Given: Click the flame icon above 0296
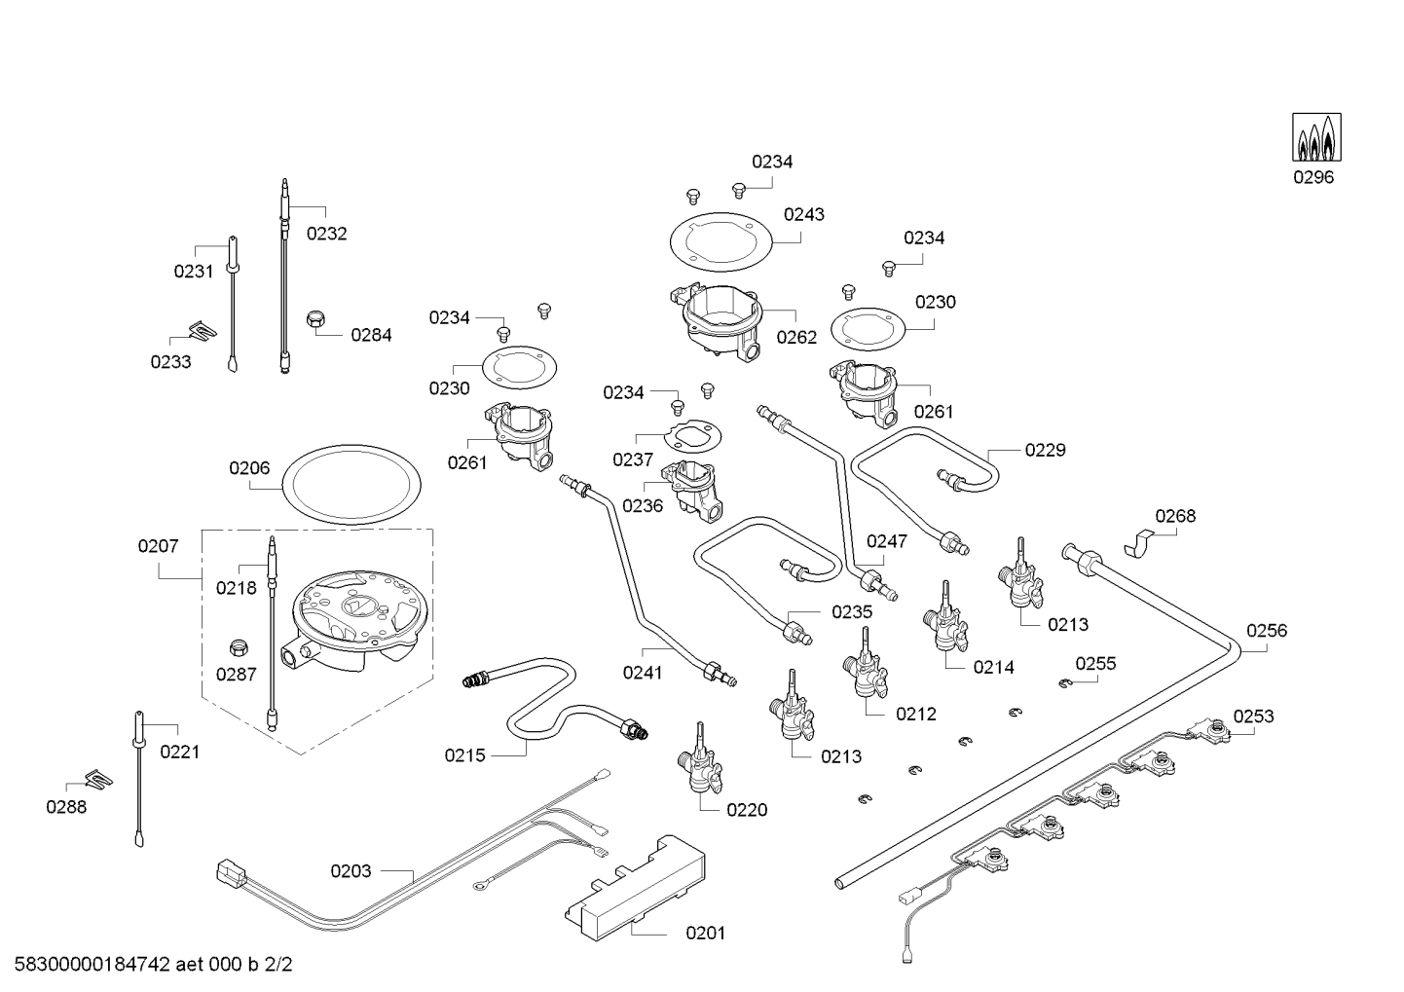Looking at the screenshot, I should pos(1313,137).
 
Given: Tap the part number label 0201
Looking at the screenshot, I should pos(705,934).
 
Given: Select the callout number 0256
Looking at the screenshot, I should pos(1266,631).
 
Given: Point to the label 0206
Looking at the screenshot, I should pos(249,468).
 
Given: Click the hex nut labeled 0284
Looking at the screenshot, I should pos(315,320).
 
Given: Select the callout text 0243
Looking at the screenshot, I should pos(803,214).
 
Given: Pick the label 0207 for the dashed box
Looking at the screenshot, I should pos(158,546).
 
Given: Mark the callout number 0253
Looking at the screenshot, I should pos(1253,716).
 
